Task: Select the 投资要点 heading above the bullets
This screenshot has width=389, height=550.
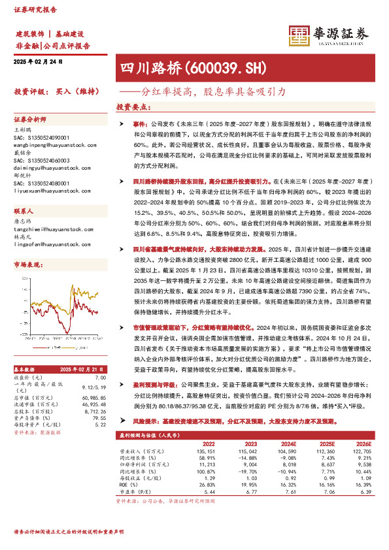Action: (x=131, y=106)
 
